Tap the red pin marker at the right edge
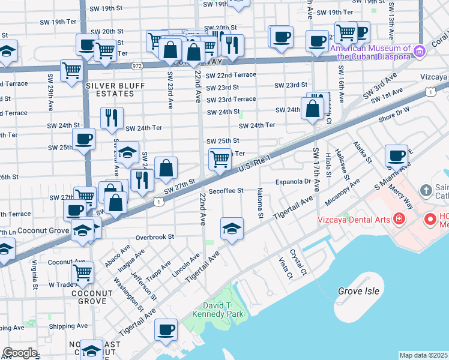(430, 220)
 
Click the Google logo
(20, 353)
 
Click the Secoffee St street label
(226, 191)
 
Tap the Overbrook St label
(154, 237)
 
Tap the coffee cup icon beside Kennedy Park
(166, 329)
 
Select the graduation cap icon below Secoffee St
(232, 229)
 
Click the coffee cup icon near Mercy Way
(396, 155)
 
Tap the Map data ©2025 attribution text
(423, 355)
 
